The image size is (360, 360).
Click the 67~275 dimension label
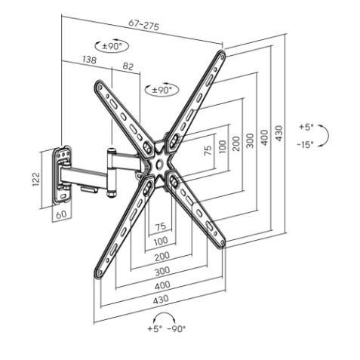[143, 25]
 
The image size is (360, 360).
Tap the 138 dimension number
[89, 60]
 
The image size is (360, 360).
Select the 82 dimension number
[128, 66]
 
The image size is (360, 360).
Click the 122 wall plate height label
[36, 179]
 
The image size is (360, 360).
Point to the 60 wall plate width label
[61, 214]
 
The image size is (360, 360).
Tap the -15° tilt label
[305, 144]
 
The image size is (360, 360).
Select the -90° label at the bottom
[177, 328]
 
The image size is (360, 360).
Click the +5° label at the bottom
[155, 328]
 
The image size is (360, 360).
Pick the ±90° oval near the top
[112, 46]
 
